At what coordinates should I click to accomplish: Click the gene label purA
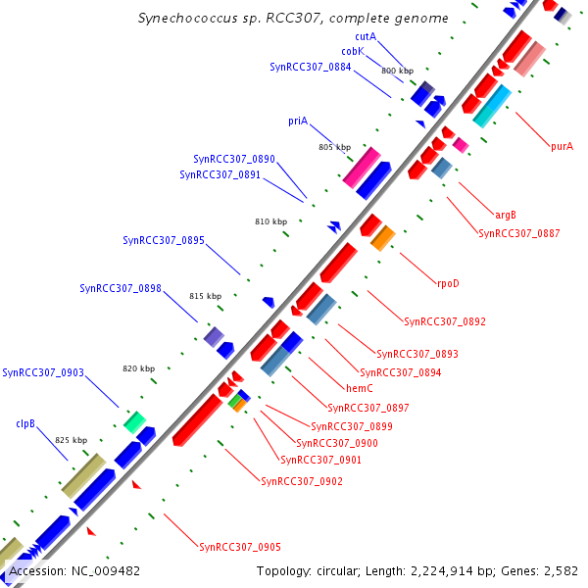[562, 146]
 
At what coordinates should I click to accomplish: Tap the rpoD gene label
[448, 283]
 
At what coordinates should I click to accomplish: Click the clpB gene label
[25, 424]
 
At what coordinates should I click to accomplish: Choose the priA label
[298, 121]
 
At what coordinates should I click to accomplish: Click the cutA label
[366, 36]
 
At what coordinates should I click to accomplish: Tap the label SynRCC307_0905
[240, 547]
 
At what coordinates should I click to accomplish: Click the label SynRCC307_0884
[310, 67]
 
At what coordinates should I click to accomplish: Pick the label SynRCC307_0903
[43, 372]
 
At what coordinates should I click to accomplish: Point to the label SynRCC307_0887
[519, 233]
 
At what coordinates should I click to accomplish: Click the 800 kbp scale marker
[397, 72]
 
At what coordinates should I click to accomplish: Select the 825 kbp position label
[71, 440]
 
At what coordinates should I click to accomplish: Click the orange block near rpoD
[382, 237]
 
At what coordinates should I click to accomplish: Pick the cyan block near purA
[492, 106]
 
